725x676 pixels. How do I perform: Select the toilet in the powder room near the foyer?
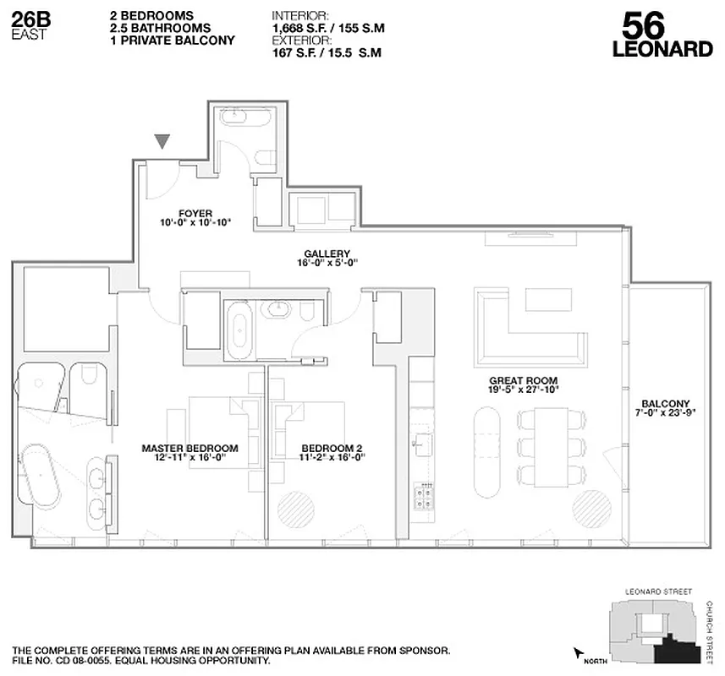267,158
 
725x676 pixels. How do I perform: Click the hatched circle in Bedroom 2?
296,509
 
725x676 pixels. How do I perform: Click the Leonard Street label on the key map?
657,591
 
